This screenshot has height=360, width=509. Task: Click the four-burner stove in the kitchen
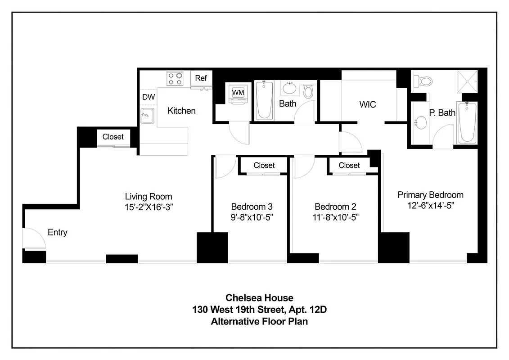[176, 79]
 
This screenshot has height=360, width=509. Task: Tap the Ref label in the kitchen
[201, 78]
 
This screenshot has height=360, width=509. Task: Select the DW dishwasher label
[149, 97]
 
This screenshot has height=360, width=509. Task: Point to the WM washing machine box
[238, 93]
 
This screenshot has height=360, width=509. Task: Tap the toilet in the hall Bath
[308, 91]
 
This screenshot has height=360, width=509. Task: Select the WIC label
[367, 104]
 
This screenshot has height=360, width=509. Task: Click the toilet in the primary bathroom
[423, 81]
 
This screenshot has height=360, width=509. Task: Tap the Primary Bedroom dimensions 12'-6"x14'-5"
[430, 205]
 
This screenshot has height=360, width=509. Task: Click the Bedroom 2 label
[335, 207]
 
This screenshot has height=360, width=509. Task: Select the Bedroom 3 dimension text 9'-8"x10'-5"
[252, 217]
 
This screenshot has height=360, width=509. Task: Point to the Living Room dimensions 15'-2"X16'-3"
[149, 207]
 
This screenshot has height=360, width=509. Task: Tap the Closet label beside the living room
[113, 137]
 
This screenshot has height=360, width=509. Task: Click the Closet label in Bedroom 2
[349, 165]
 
